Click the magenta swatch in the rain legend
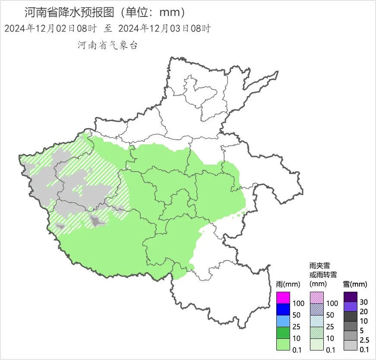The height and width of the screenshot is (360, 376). click(283, 298)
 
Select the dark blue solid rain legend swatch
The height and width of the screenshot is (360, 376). click(283, 309)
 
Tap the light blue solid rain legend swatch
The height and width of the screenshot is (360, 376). click(283, 321)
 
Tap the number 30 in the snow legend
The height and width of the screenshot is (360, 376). click(363, 302)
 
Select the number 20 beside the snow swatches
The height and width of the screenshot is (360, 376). click(363, 312)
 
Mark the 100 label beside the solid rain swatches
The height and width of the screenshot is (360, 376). click(298, 303)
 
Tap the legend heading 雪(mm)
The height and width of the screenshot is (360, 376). click(355, 284)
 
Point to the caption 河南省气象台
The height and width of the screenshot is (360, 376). click(107, 45)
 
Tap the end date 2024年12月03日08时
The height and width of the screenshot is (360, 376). click(164, 29)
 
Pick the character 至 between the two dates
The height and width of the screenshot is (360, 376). click(107, 29)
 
